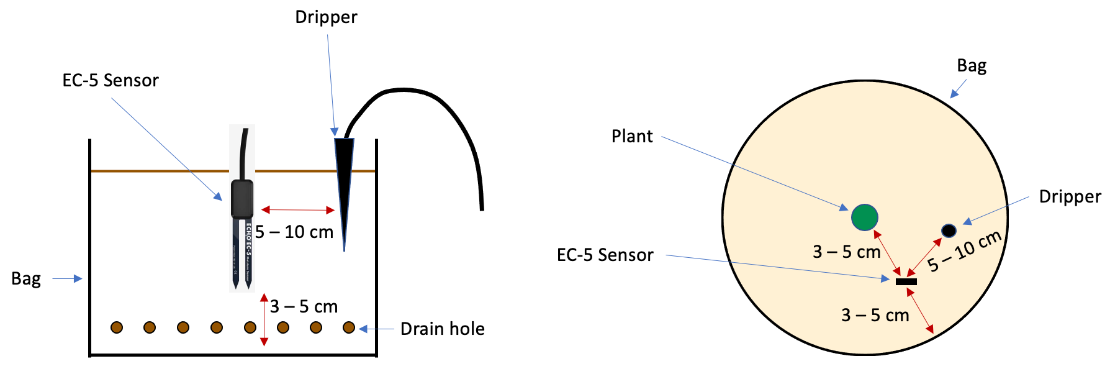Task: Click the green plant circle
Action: [864, 217]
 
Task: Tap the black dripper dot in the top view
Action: [949, 231]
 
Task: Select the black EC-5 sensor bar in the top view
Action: [906, 281]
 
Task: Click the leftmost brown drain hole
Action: [117, 327]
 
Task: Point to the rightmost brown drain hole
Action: [349, 327]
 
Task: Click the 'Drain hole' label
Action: [442, 329]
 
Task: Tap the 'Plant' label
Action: [632, 137]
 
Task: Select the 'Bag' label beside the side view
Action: [26, 279]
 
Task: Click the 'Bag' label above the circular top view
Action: [972, 66]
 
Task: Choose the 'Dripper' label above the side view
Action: [326, 17]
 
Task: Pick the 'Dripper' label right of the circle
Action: [1070, 197]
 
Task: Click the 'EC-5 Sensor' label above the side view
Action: [111, 81]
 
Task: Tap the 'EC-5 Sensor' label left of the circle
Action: [605, 255]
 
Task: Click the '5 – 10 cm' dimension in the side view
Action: [294, 232]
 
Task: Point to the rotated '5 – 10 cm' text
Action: [964, 251]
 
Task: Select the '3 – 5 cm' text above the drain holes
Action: [304, 306]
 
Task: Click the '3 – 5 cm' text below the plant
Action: [846, 252]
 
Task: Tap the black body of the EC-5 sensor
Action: [242, 199]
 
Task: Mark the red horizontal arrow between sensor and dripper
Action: [298, 209]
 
